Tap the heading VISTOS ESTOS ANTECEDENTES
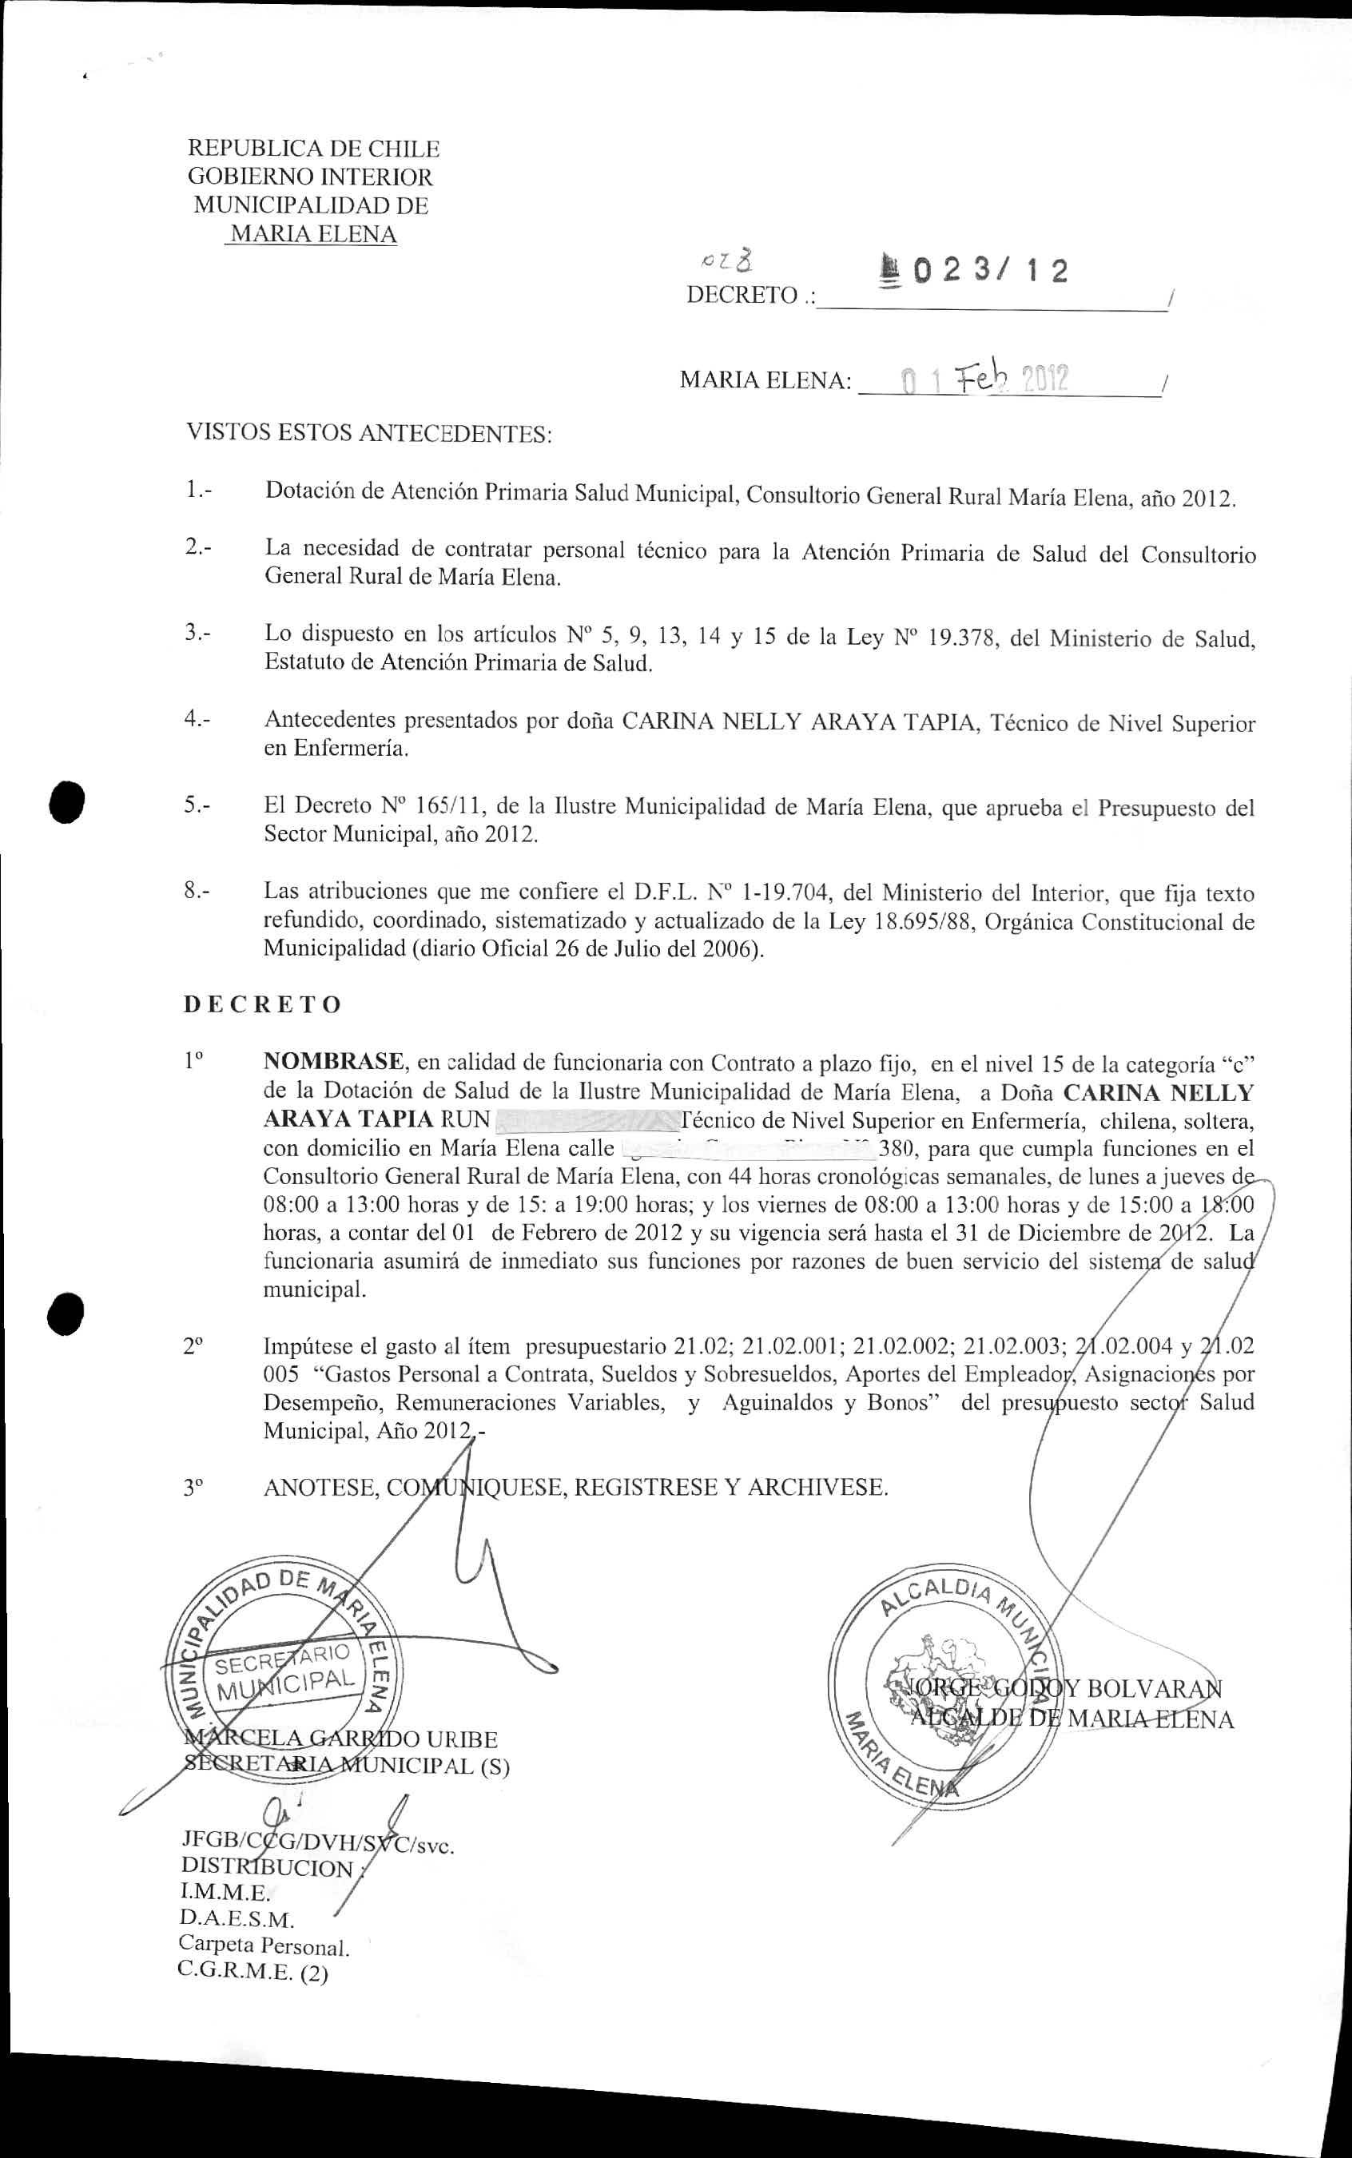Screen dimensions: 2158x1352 click(368, 435)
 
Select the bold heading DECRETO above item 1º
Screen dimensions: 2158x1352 click(262, 1005)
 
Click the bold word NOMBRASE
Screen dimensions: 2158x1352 click(333, 1062)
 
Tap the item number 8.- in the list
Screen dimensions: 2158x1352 click(197, 892)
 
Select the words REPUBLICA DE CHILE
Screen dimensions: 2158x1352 click(312, 149)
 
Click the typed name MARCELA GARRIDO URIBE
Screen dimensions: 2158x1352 click(340, 1739)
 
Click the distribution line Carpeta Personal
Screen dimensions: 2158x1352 click(264, 1945)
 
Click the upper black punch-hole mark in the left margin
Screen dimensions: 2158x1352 click(67, 800)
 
